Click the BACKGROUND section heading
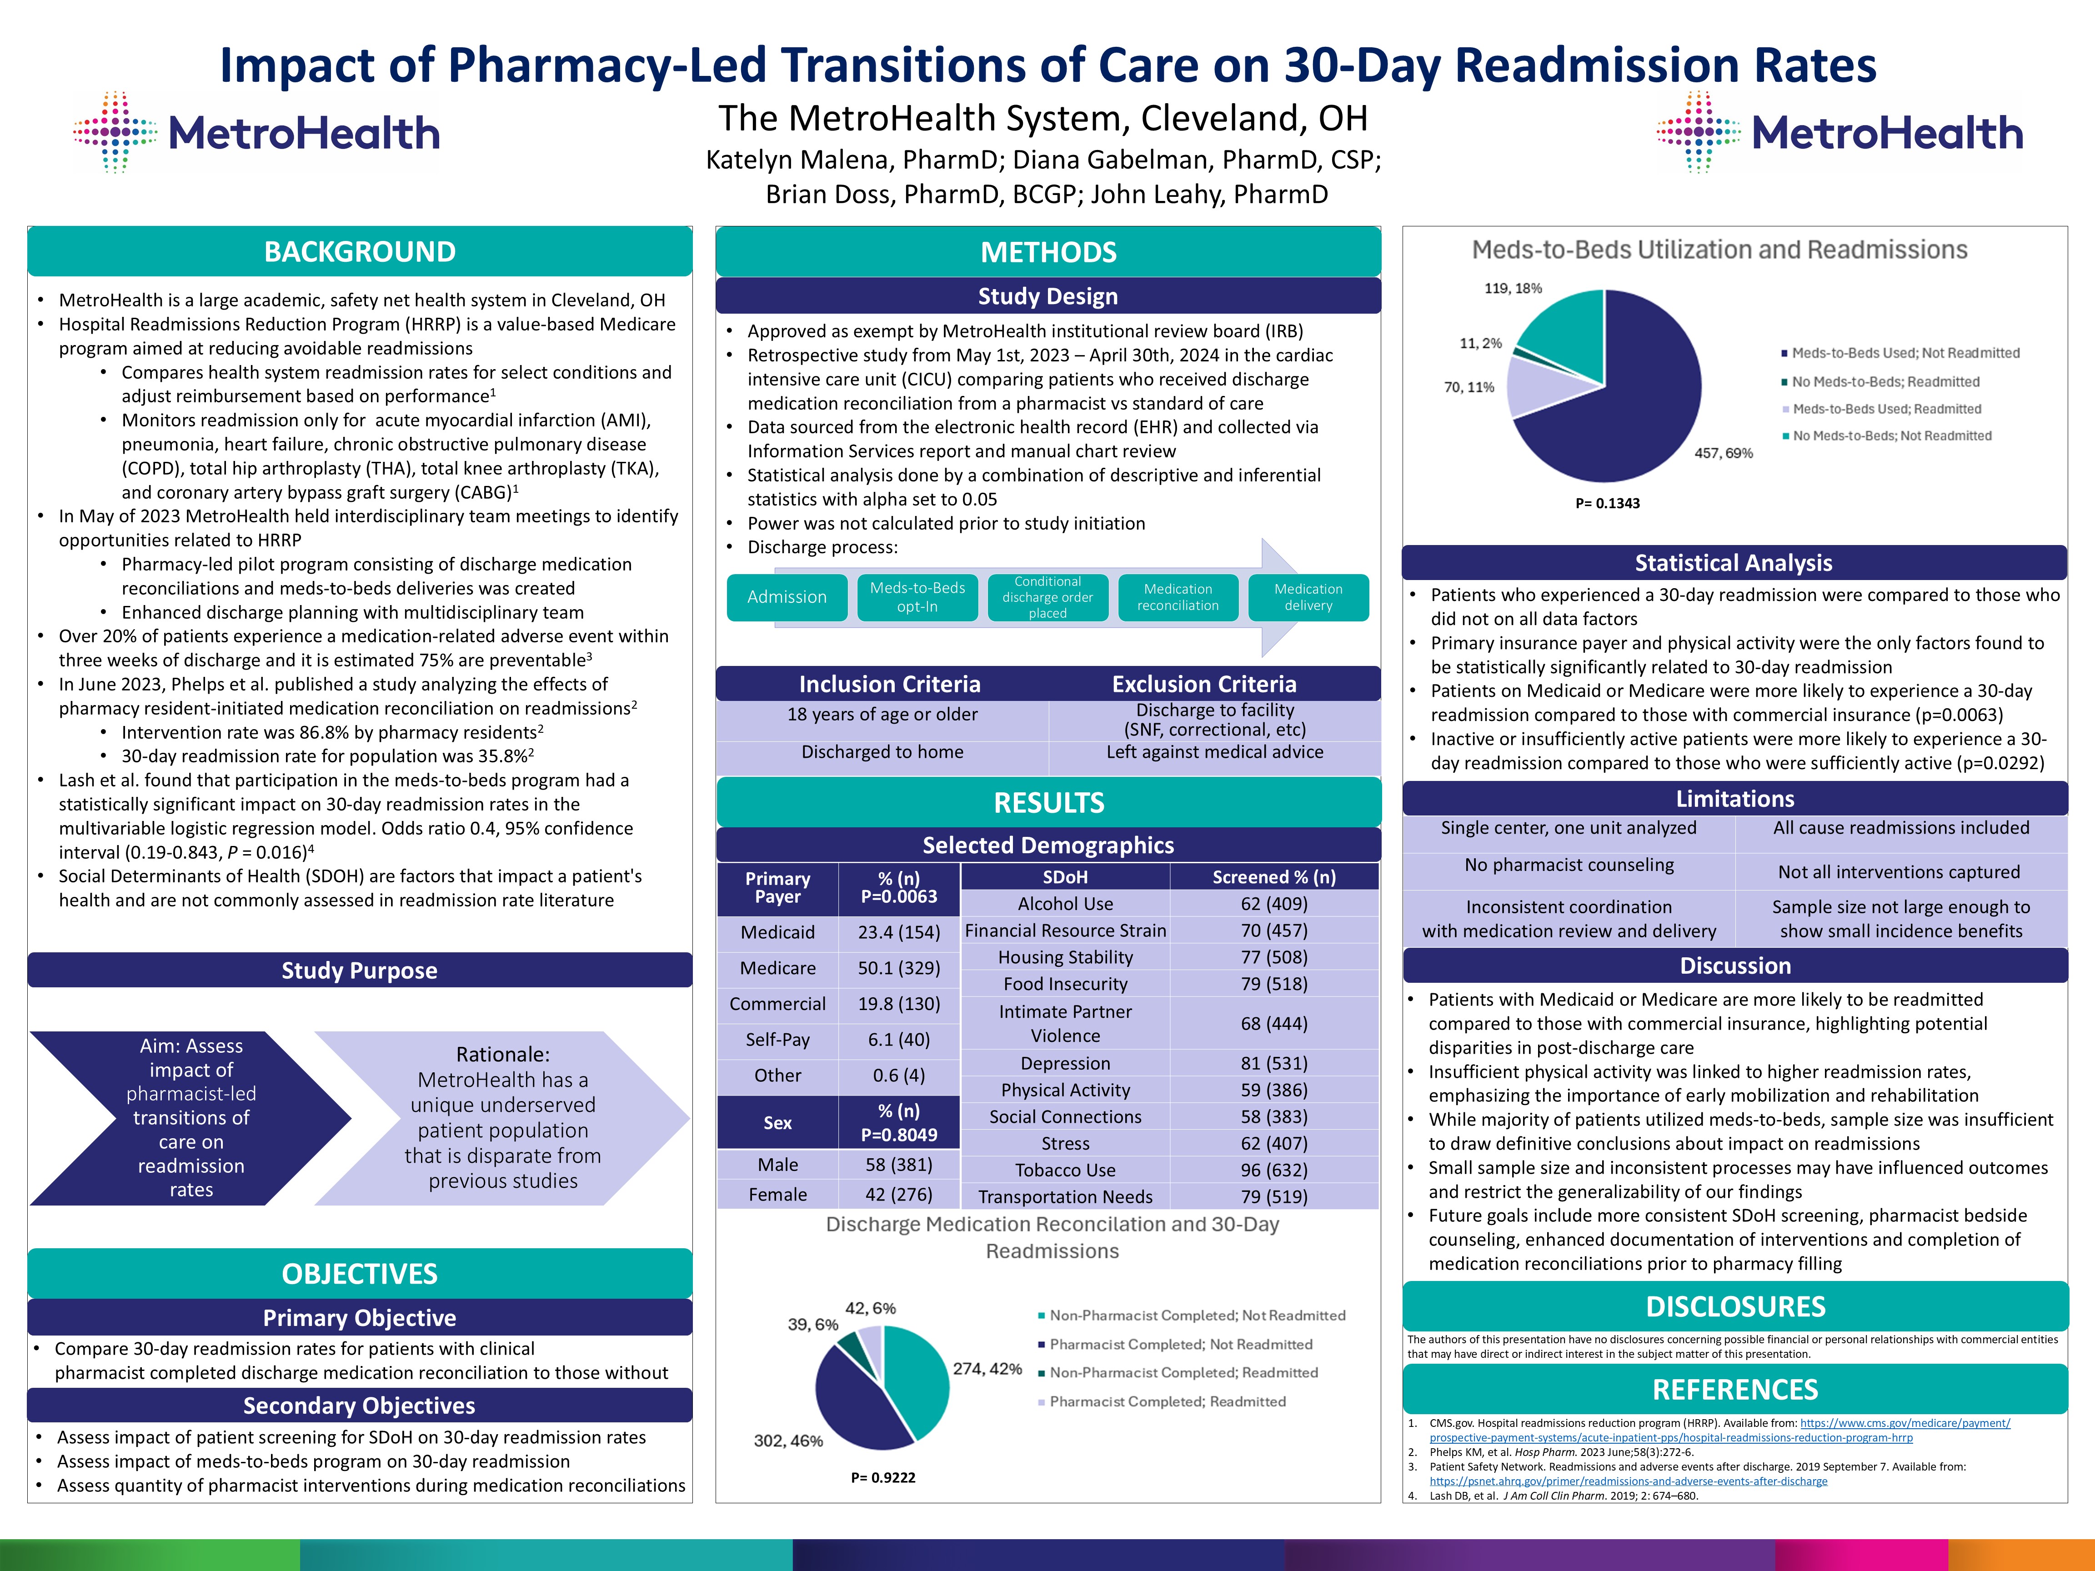point(360,252)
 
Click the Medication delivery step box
point(1308,597)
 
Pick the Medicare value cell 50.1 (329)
point(899,968)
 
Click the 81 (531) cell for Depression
point(1274,1063)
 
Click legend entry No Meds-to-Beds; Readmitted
point(1885,382)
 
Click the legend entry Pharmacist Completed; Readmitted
point(1167,1401)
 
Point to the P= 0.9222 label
point(883,1477)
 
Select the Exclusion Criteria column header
point(1204,684)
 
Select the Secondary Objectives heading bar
point(360,1405)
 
